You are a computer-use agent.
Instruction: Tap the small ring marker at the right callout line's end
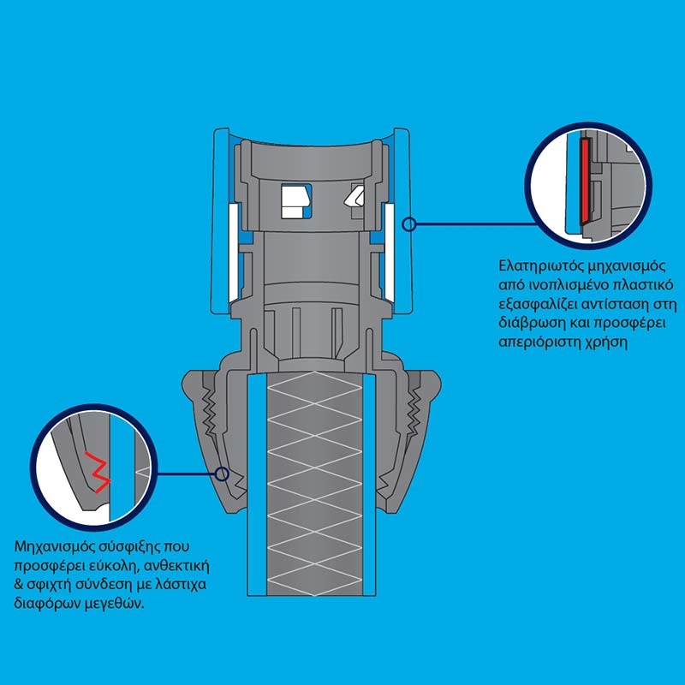click(409, 224)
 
